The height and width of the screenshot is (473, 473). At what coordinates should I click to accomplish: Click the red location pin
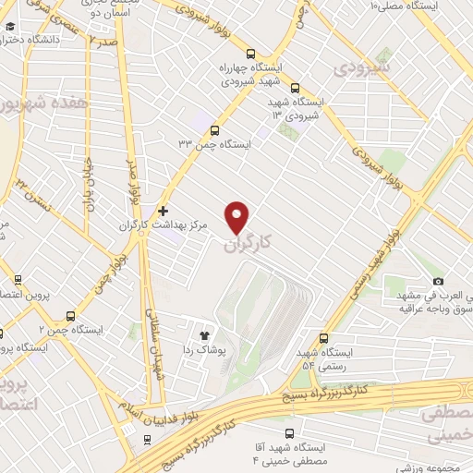coord(238,216)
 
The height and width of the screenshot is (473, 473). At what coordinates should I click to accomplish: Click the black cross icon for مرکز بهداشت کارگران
coord(164,212)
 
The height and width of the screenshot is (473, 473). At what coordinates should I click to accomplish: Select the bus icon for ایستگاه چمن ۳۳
coord(215,130)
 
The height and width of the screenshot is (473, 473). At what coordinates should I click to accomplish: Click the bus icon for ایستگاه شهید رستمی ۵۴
coord(323,338)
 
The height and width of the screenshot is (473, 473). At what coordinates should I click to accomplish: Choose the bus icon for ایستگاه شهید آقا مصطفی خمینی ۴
coord(290,432)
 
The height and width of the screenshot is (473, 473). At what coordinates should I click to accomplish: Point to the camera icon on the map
coord(438,281)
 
